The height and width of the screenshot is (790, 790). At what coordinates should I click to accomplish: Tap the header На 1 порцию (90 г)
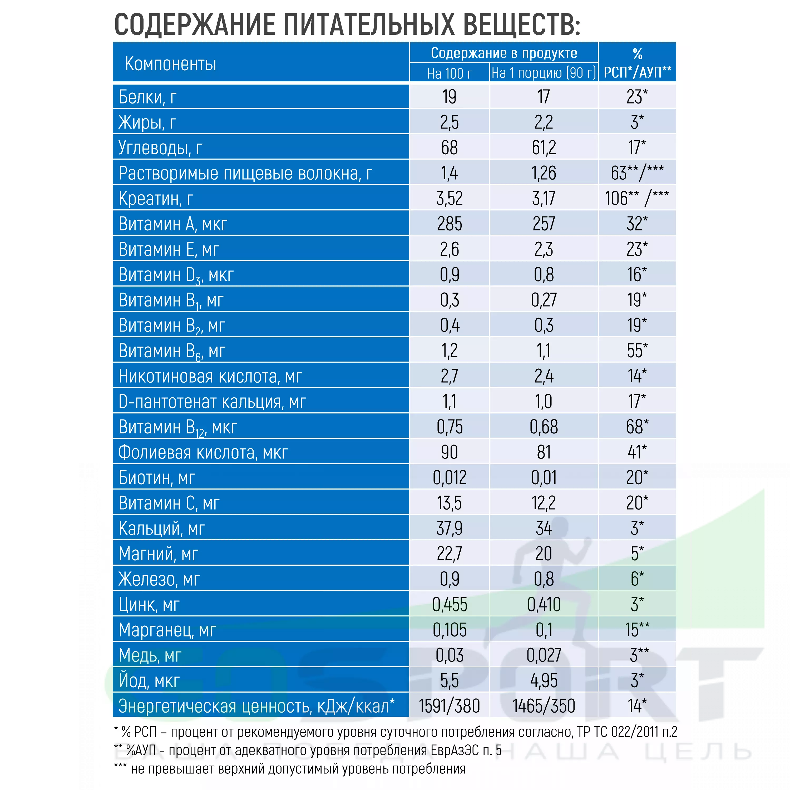coord(544,73)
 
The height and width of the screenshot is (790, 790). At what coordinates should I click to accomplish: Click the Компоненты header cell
coord(171,64)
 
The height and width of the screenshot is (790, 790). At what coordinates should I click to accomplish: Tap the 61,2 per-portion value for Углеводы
coord(544,148)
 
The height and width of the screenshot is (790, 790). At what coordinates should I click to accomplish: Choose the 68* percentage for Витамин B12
coord(637,427)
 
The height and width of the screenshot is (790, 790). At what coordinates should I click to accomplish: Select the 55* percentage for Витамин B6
coord(637,351)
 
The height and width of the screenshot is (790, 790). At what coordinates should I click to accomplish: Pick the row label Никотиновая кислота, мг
coord(210,377)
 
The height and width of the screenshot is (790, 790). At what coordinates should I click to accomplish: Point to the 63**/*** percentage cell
coord(637,173)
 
